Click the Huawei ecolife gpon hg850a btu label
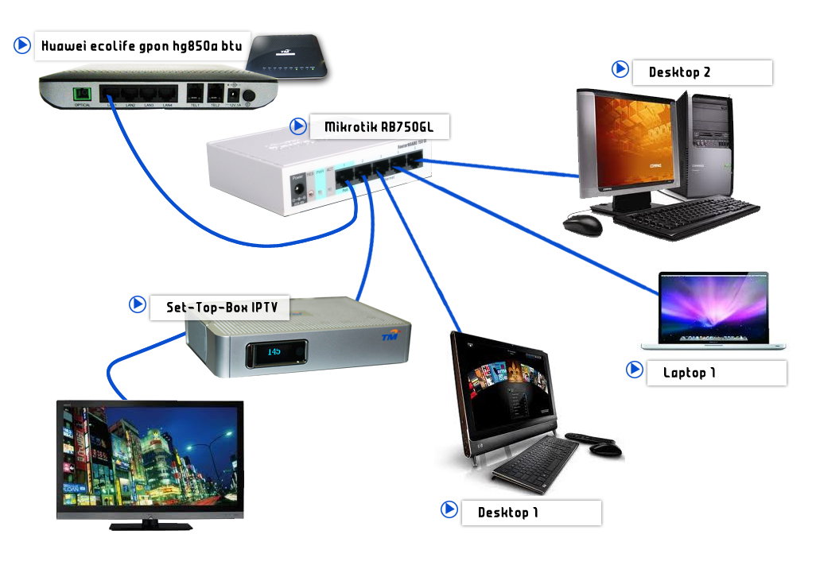(x=141, y=46)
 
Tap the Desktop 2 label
(x=679, y=72)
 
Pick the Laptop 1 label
(x=690, y=373)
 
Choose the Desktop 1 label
(x=507, y=513)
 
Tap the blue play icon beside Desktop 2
(x=620, y=69)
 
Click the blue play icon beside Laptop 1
(x=634, y=370)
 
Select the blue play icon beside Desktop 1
(x=449, y=509)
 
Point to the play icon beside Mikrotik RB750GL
(x=298, y=126)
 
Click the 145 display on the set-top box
(x=275, y=350)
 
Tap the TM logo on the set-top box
(x=389, y=337)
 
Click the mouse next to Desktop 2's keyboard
(x=581, y=224)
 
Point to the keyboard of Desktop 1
(x=534, y=463)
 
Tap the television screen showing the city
(x=150, y=457)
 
